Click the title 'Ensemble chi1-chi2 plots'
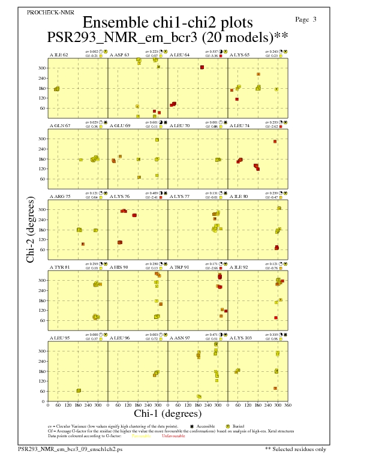pyautogui.click(x=167, y=23)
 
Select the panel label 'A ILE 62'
pyautogui.click(x=58, y=55)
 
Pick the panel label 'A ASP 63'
pyautogui.click(x=119, y=55)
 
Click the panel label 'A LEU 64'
pyautogui.click(x=179, y=55)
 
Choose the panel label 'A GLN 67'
pyautogui.click(x=59, y=125)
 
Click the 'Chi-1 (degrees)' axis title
pyautogui.click(x=167, y=413)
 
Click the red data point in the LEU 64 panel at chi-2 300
pyautogui.click(x=202, y=67)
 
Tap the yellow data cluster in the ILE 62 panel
pyautogui.click(x=56, y=89)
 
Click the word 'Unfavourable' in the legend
pyautogui.click(x=173, y=436)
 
